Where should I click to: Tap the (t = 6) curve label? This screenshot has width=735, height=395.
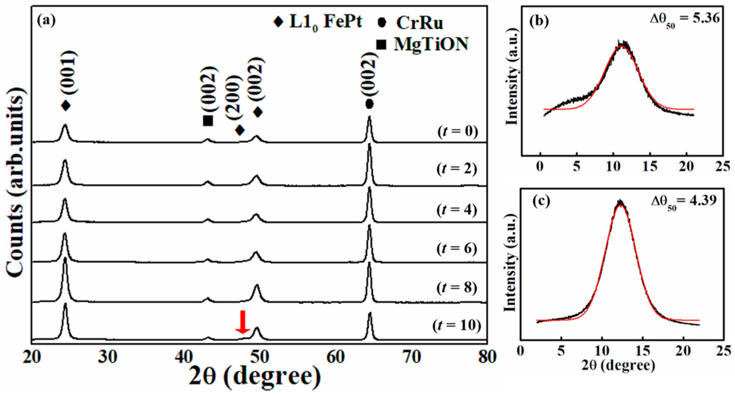click(457, 249)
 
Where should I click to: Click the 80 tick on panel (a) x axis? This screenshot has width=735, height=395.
click(487, 357)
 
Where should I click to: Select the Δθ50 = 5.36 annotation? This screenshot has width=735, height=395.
click(685, 19)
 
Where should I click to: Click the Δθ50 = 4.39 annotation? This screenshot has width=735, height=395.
click(684, 201)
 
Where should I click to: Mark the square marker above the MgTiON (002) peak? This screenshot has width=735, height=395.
click(208, 120)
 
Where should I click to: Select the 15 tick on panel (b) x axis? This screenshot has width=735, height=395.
click(650, 166)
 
